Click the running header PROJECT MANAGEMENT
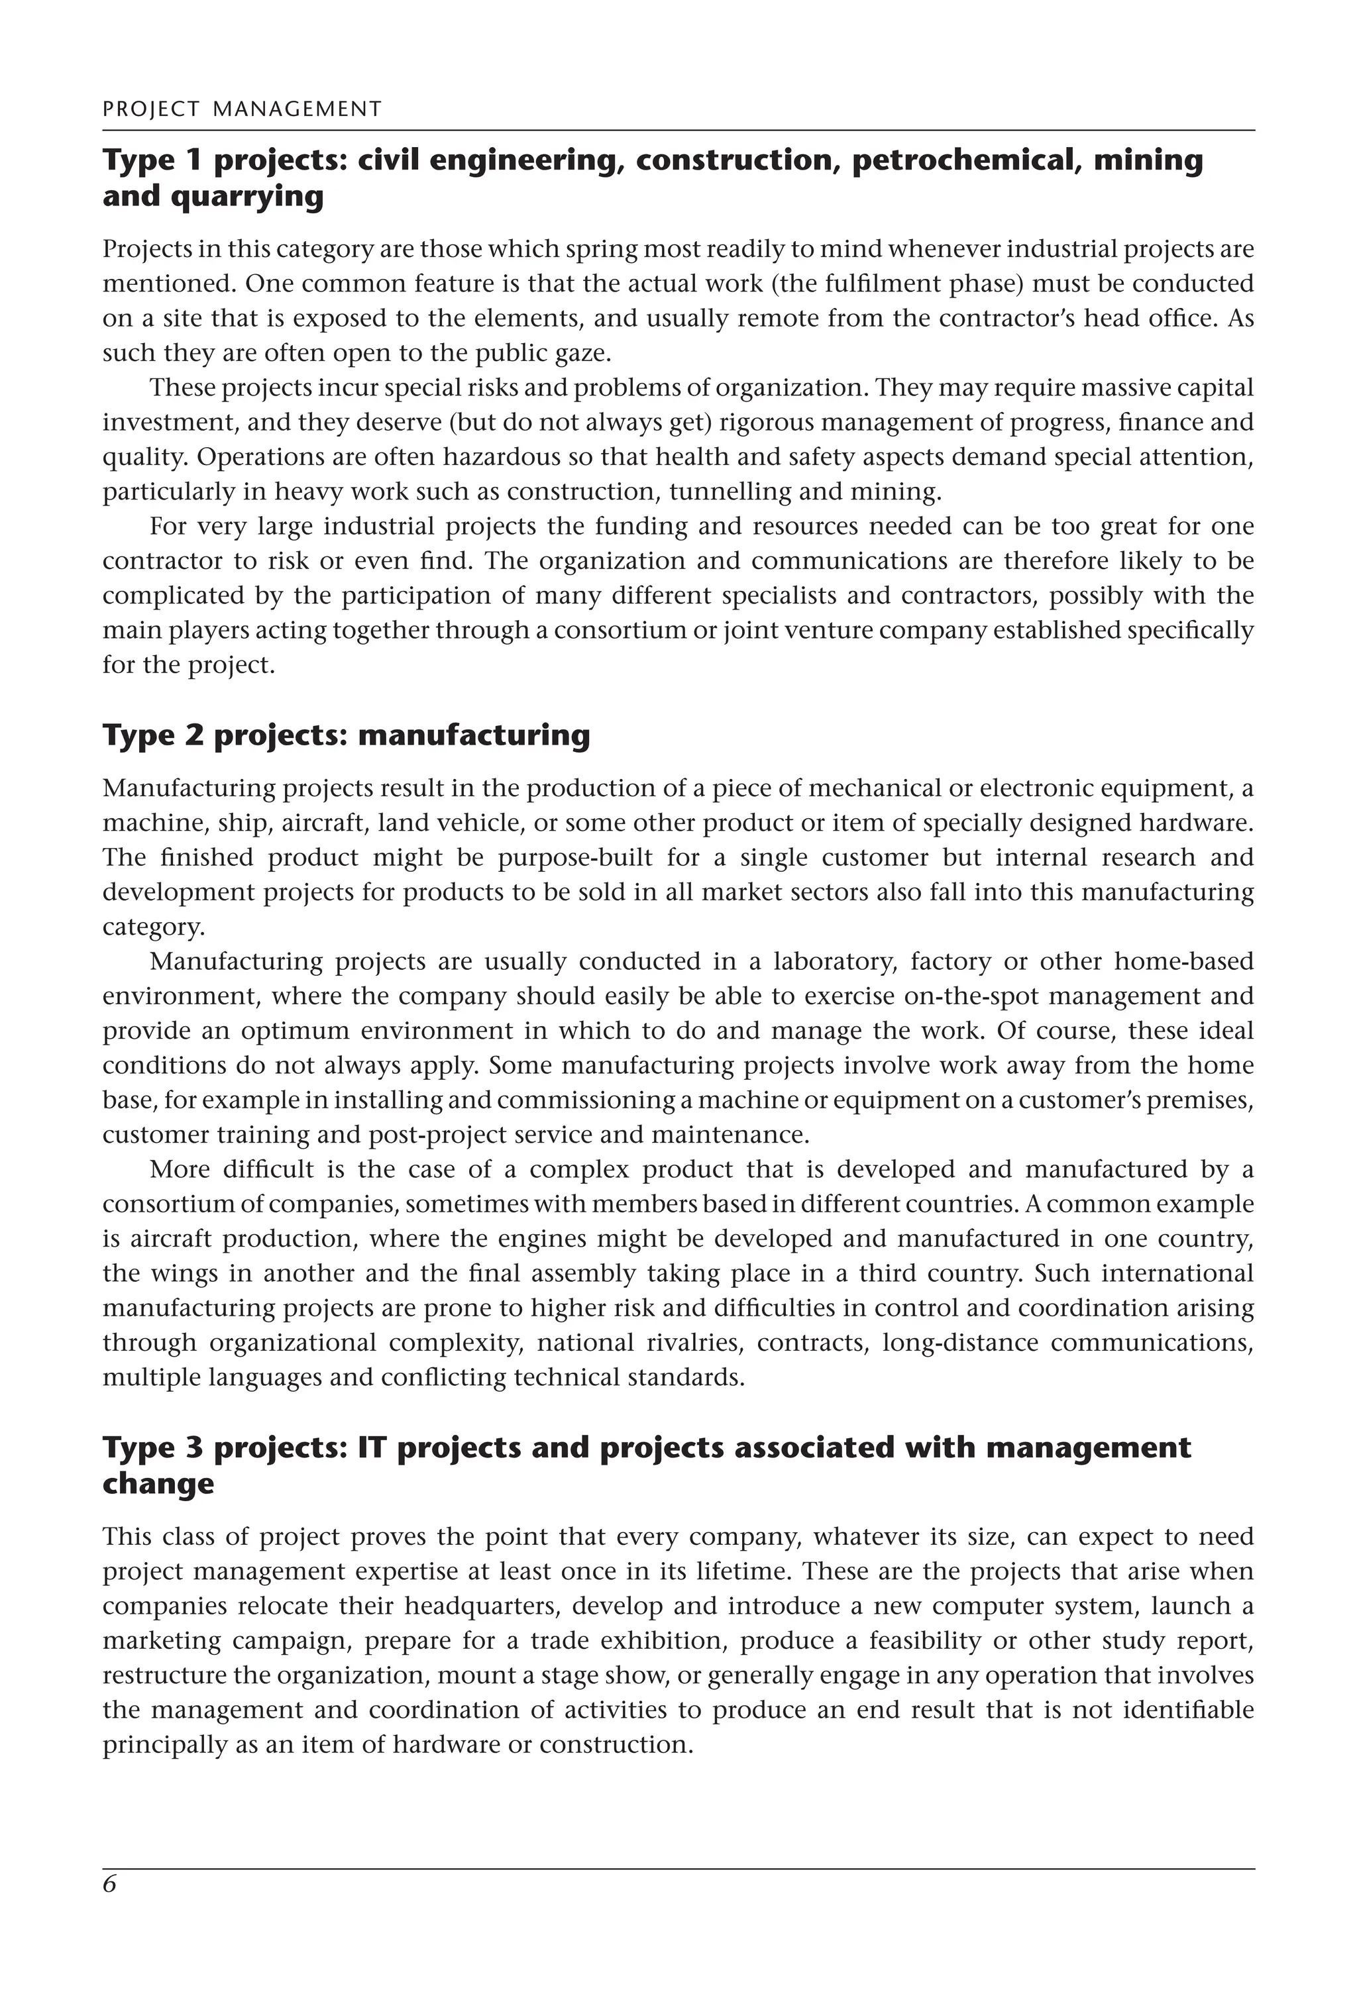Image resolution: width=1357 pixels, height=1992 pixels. coord(242,109)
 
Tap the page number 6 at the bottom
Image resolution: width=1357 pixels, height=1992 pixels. coord(109,1909)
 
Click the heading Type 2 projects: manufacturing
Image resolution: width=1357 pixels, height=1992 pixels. coord(347,735)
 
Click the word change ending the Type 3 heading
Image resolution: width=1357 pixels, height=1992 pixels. coord(158,1484)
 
